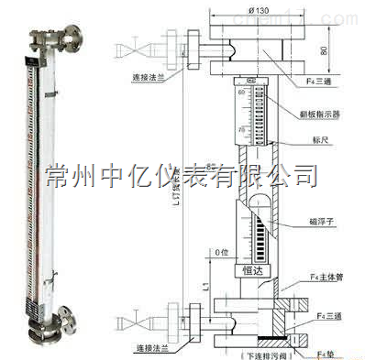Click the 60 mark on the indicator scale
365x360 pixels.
click(242, 93)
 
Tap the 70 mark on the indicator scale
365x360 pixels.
click(242, 131)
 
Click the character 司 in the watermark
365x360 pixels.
click(305, 171)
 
